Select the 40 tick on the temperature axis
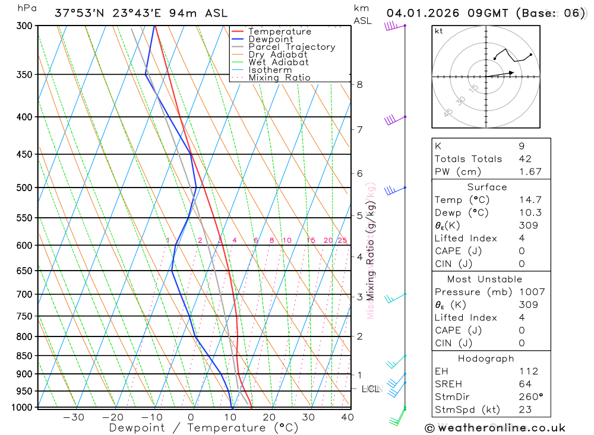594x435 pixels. coord(347,417)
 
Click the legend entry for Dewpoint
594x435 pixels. coord(270,39)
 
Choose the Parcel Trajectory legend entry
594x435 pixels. coord(291,47)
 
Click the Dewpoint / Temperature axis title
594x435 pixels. coord(203,427)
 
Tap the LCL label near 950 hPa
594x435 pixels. coord(371,389)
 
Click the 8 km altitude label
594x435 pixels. coord(359,84)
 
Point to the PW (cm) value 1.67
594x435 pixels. coord(530,172)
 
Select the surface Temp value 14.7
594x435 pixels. coord(530,200)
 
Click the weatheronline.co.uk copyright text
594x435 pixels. coord(495,428)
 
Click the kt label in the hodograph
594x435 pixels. coord(439,31)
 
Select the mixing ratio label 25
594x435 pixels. coord(342,240)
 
